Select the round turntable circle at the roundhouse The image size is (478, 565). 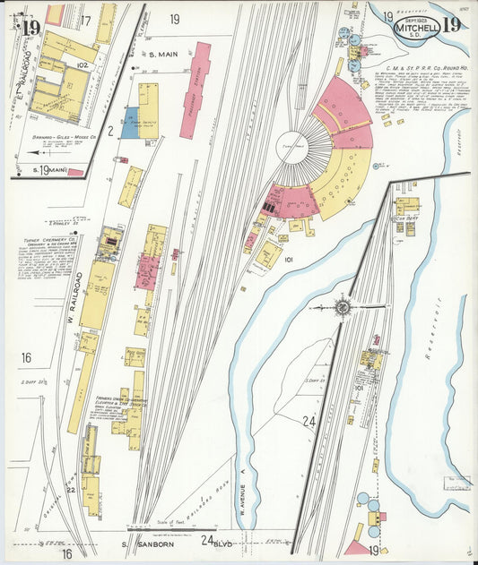(x=292, y=149)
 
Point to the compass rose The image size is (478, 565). (x=343, y=307)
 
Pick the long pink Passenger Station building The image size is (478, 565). (x=196, y=90)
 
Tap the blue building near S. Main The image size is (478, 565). (x=131, y=123)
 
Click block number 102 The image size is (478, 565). (x=82, y=65)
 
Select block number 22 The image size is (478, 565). (x=70, y=489)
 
